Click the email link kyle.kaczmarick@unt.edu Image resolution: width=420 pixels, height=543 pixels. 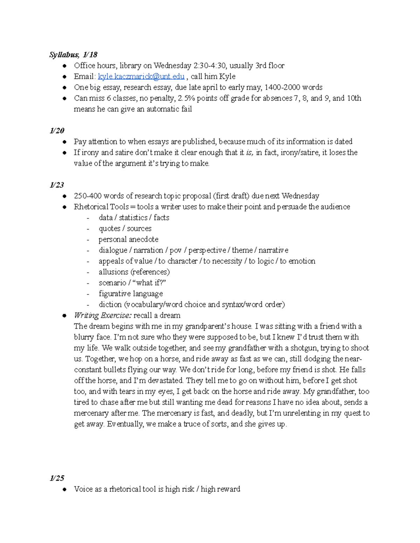tap(141, 77)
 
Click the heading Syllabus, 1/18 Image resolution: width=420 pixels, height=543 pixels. tap(73, 55)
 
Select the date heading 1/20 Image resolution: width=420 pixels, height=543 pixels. tap(57, 131)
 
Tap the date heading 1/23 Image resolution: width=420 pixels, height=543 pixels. tap(57, 185)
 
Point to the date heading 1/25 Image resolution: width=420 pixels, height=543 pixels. tap(57, 478)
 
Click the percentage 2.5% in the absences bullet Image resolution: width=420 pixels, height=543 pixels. tap(186, 98)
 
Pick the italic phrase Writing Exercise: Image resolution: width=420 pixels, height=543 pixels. tap(103, 315)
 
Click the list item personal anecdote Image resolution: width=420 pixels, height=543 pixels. tap(128, 240)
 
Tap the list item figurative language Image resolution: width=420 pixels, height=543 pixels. tap(131, 294)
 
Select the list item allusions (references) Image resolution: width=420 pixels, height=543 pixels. tap(134, 272)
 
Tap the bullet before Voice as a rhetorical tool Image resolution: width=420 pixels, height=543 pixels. tap(64, 490)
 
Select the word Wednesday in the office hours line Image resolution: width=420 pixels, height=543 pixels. tap(172, 66)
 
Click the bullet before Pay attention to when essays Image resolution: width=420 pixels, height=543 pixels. tap(64, 142)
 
